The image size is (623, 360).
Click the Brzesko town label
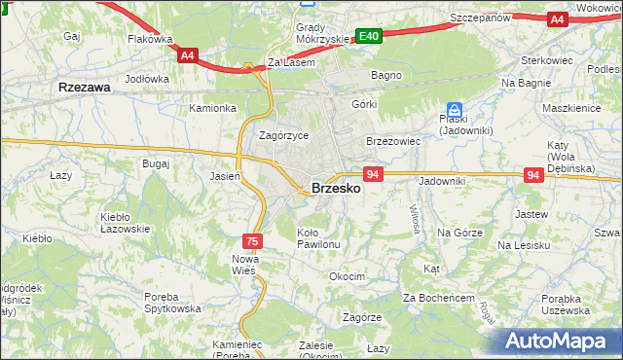click(336, 189)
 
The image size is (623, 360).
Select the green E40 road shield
click(368, 36)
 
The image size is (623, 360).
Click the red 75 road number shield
click(252, 240)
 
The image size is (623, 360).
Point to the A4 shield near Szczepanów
click(557, 18)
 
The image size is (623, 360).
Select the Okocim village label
click(347, 276)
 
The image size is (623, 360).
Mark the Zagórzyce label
click(283, 136)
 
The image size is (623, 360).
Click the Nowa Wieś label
click(243, 265)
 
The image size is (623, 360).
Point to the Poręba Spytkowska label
click(170, 303)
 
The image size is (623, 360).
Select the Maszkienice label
click(571, 108)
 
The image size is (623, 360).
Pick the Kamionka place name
click(213, 108)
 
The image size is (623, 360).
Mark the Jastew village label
click(531, 212)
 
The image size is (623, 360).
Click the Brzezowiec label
click(392, 141)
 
